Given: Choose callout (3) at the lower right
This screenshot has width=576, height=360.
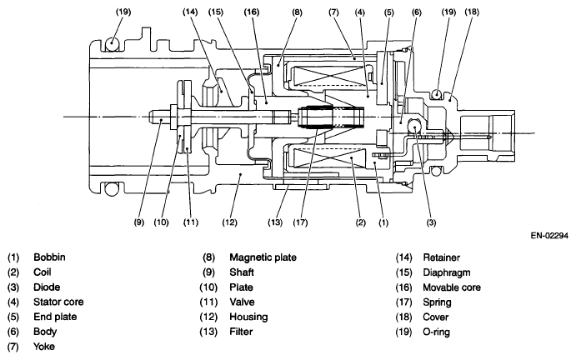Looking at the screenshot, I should coord(431,223).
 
